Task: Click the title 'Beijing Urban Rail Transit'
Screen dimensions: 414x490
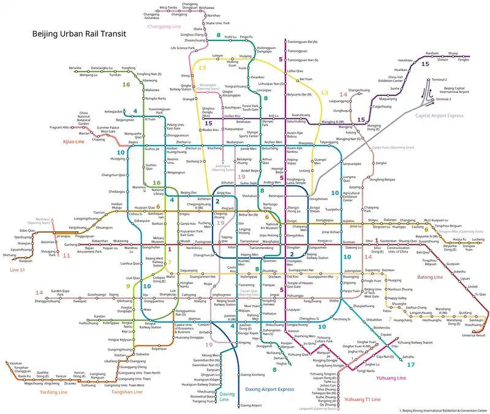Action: point(79,35)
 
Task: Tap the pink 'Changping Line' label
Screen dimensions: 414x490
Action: point(182,27)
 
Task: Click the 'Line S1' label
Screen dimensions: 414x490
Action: point(20,269)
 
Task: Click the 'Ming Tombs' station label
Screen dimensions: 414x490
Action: point(168,7)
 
